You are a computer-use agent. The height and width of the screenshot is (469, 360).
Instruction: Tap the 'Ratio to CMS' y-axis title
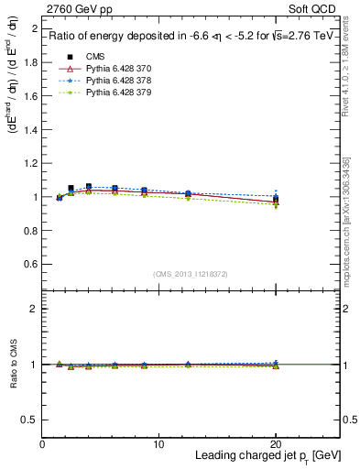click(x=13, y=365)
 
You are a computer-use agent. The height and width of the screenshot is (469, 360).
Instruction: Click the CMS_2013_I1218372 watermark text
click(x=191, y=274)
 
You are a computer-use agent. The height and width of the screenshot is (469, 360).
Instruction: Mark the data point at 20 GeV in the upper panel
click(x=276, y=200)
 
